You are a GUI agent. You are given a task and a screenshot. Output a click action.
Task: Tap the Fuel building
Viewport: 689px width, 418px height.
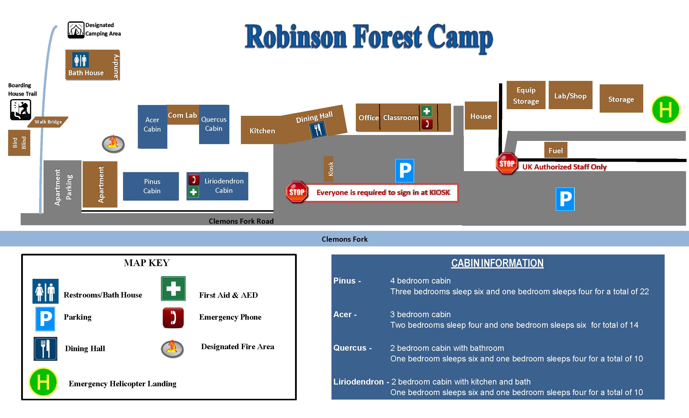pos(556,150)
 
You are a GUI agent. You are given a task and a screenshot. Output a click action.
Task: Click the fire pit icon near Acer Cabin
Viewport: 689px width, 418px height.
pos(113,144)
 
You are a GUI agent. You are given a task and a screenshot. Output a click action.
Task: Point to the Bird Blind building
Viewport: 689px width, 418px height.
pos(19,143)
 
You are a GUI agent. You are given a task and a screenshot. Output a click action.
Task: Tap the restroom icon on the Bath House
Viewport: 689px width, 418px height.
pos(80,60)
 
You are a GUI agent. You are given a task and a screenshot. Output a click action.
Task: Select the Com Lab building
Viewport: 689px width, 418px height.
pos(183,115)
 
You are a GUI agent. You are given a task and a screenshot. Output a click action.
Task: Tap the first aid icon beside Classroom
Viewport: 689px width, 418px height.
pos(426,111)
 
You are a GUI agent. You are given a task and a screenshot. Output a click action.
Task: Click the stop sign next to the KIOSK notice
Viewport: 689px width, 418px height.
pos(297,192)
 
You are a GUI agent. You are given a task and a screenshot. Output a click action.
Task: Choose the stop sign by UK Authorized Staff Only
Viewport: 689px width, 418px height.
pos(507,164)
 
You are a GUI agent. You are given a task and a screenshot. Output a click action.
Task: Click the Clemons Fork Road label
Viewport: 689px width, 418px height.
pos(241,221)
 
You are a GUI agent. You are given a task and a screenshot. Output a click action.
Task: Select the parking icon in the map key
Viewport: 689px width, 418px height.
pos(45,319)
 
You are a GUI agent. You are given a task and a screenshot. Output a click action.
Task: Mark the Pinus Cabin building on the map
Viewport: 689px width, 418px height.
pos(151,186)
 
